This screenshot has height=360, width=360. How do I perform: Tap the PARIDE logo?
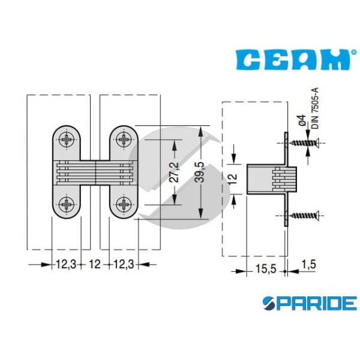click(310, 303)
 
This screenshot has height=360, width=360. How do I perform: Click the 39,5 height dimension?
click(199, 172)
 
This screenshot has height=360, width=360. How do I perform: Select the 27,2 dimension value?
click(174, 172)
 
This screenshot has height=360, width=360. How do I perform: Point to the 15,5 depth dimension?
click(266, 269)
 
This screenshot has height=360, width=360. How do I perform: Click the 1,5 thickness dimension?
click(308, 264)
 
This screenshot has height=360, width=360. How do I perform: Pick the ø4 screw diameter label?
click(302, 120)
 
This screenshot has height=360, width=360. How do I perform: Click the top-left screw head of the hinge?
click(67, 139)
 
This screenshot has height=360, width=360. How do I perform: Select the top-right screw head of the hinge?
click(124, 139)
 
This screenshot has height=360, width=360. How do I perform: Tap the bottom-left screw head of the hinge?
click(67, 204)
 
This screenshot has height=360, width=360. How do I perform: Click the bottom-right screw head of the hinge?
click(124, 204)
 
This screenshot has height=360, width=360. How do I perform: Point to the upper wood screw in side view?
click(304, 143)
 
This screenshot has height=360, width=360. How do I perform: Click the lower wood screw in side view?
click(304, 215)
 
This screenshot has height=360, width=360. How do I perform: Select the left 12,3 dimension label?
click(66, 264)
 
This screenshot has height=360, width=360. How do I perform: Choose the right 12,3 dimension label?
click(124, 264)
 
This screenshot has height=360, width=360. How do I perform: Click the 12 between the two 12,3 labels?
click(95, 264)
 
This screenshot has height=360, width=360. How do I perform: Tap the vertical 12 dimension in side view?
click(233, 179)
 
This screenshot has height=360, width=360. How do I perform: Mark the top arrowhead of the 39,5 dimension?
click(201, 131)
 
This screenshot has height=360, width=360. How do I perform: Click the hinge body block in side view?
click(272, 179)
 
